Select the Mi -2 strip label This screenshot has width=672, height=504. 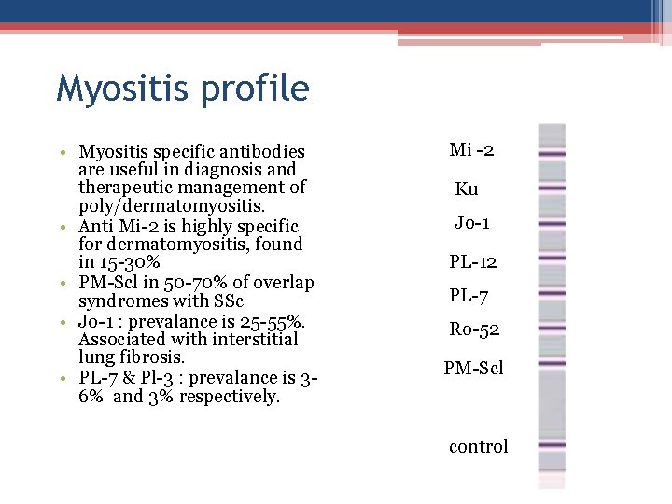pyautogui.click(x=471, y=150)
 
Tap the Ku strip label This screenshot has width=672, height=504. pyautogui.click(x=467, y=189)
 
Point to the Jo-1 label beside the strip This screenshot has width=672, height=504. pyautogui.click(x=472, y=223)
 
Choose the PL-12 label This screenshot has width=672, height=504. pyautogui.click(x=473, y=262)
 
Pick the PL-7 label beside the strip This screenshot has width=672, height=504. pyautogui.click(x=469, y=296)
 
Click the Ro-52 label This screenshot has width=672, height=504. pyautogui.click(x=473, y=329)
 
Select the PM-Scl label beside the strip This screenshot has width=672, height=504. pyautogui.click(x=473, y=369)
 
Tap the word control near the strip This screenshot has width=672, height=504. pyautogui.click(x=479, y=446)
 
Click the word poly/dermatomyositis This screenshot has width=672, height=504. pyautogui.click(x=172, y=206)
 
